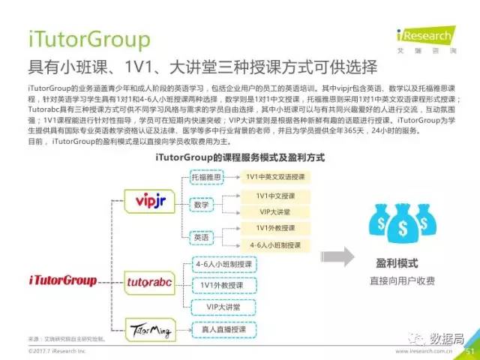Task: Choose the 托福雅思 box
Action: point(207,177)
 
